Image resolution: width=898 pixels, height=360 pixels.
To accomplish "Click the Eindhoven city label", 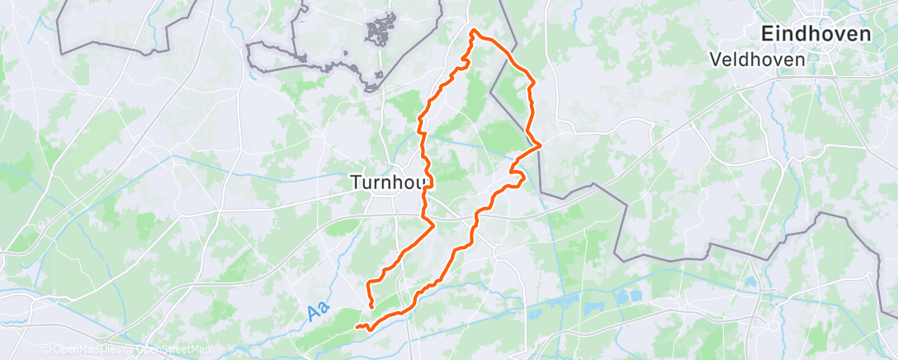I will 816,35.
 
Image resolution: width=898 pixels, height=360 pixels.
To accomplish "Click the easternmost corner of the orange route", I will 540,145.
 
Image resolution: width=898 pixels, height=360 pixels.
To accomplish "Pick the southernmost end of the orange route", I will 358,327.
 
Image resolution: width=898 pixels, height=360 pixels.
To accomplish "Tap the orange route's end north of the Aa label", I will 372,306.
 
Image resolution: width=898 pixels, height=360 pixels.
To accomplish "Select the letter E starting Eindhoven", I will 767,35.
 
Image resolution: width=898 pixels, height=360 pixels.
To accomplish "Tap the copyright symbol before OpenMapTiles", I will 45,350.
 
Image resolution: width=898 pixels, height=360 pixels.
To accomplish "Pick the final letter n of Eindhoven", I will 865,35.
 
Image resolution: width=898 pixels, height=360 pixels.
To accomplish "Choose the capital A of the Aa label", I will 313,315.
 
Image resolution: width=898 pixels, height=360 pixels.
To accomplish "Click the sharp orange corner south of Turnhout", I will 432,223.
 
